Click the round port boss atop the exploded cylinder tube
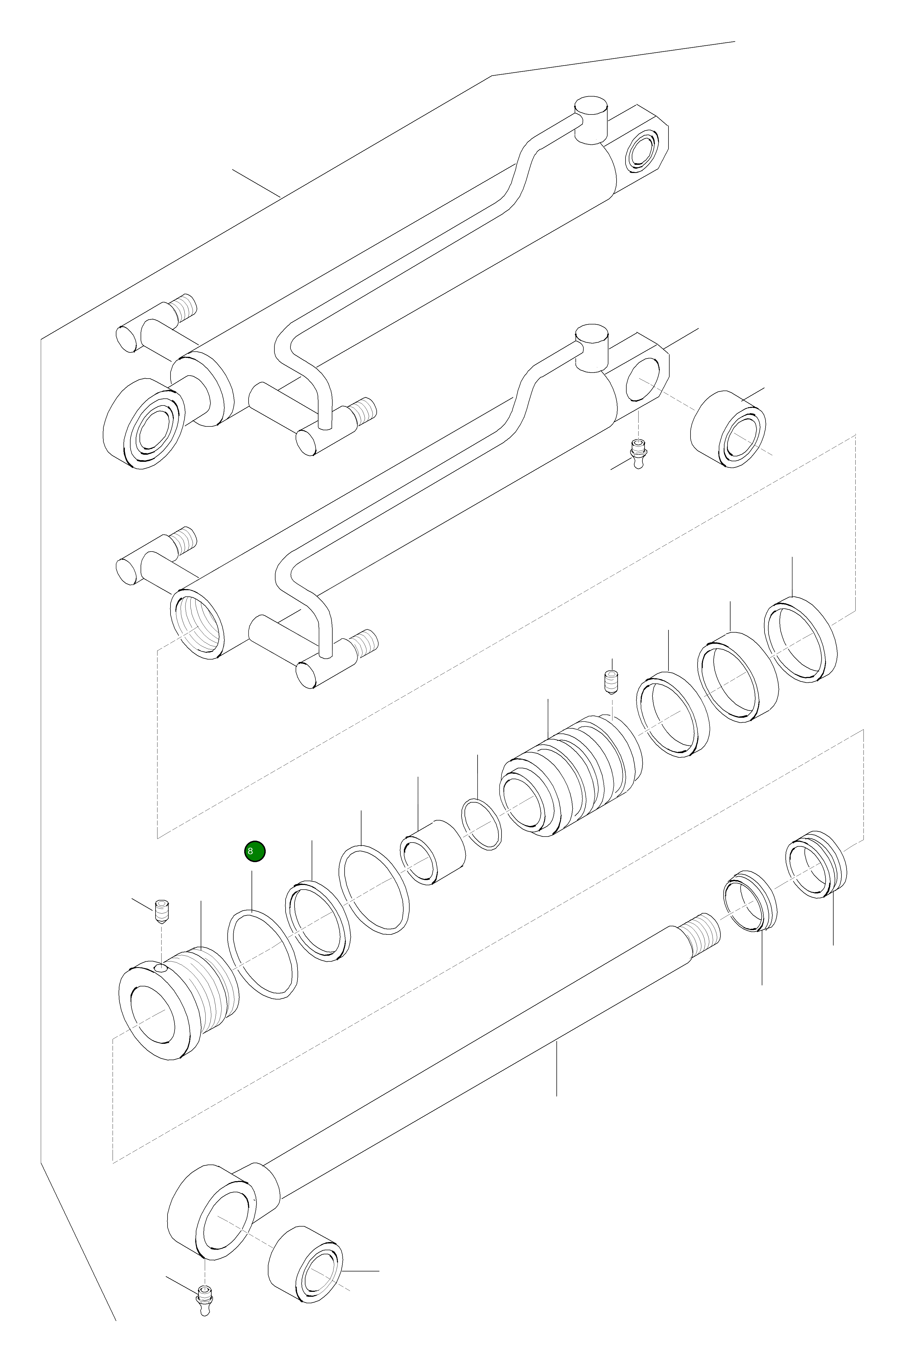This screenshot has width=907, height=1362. [x=591, y=349]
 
